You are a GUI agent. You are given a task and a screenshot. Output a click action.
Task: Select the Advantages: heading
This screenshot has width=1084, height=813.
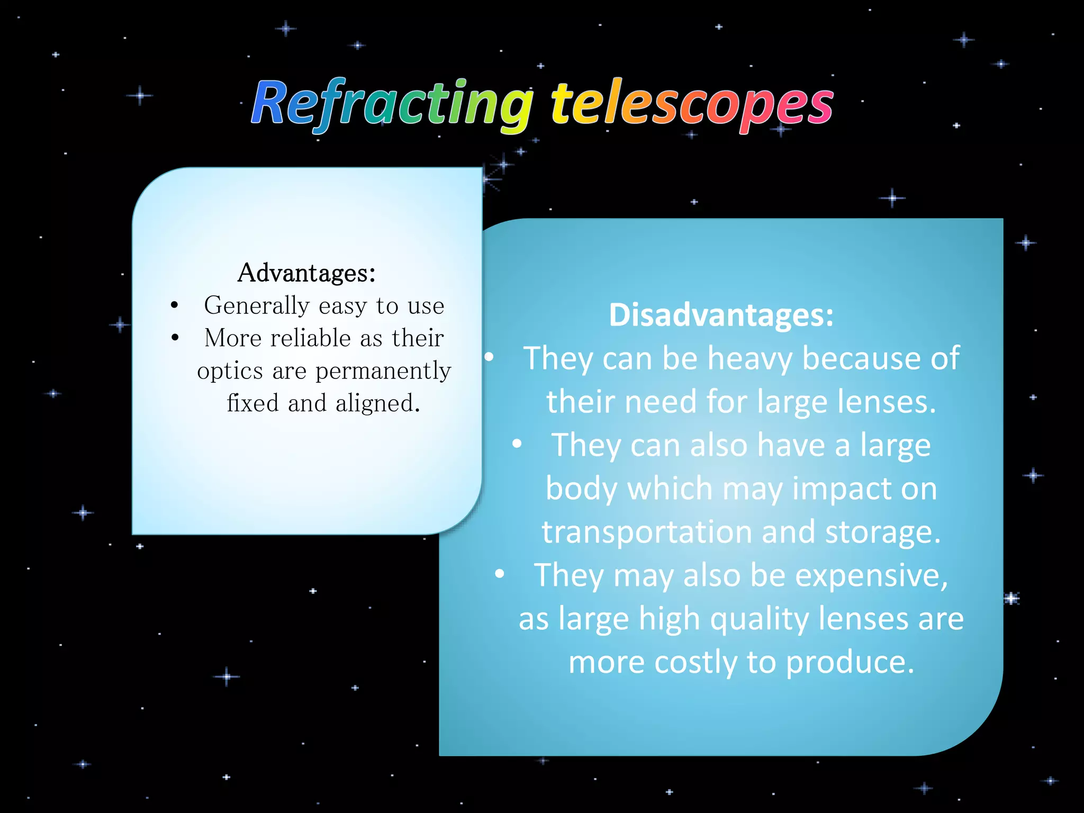click(306, 273)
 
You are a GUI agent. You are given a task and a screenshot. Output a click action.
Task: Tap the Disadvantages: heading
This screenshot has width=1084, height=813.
click(721, 315)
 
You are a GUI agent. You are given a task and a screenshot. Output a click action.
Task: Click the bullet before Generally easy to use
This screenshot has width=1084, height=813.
click(175, 305)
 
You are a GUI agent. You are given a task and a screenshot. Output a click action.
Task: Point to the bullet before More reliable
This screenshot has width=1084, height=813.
click(175, 338)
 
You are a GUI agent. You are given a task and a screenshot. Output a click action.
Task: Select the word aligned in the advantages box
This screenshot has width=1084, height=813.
click(377, 403)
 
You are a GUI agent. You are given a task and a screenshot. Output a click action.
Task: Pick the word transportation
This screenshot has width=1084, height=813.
click(646, 532)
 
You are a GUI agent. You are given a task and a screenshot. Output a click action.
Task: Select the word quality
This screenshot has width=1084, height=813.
click(759, 619)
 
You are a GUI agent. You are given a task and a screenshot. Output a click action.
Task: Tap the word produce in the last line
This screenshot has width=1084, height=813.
click(850, 663)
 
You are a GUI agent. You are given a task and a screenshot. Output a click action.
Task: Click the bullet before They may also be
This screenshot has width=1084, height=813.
click(499, 574)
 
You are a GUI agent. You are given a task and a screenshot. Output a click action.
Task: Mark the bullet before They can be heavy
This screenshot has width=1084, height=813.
click(489, 357)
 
